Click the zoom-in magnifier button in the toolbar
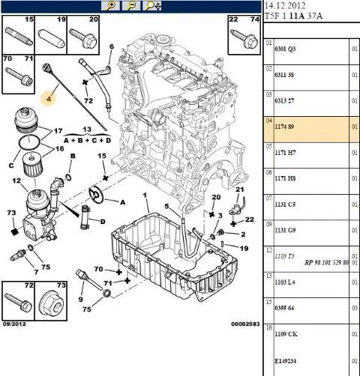pos(110,5)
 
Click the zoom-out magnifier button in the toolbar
pos(131,5)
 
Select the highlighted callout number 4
pos(49,99)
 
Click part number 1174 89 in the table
pos(284,127)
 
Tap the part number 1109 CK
pos(286,334)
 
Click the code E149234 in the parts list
pos(286,361)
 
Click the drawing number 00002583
pos(245,324)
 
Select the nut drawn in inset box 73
pos(51,304)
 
